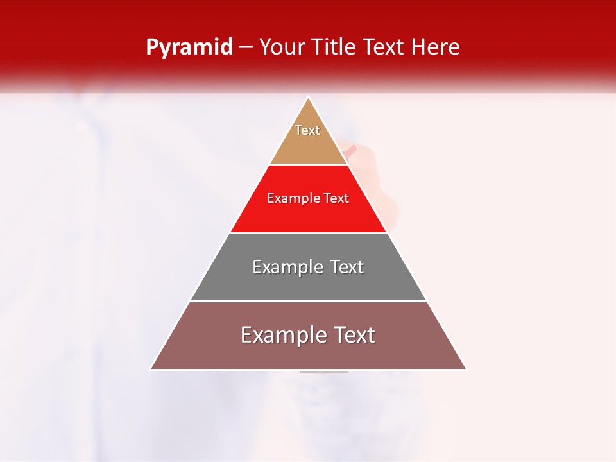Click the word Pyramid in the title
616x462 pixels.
pos(189,47)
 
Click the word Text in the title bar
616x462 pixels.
pos(384,47)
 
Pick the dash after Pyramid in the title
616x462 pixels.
pos(245,48)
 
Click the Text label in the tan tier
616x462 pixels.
pos(307,130)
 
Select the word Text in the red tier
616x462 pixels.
pos(336,198)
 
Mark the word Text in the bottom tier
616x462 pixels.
pos(354,335)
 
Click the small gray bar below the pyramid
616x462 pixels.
pos(324,372)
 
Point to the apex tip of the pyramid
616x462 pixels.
pos(309,98)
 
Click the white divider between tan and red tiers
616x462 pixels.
pos(308,165)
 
